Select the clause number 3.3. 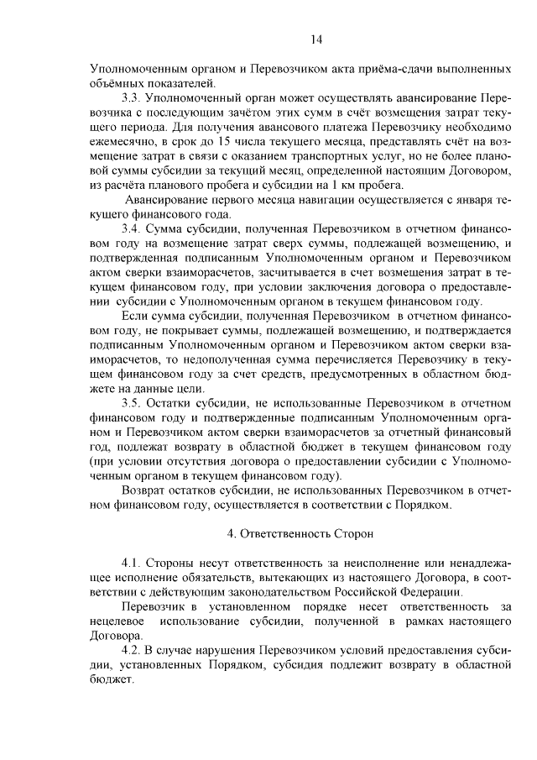point(133,99)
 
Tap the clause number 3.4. point(133,228)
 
